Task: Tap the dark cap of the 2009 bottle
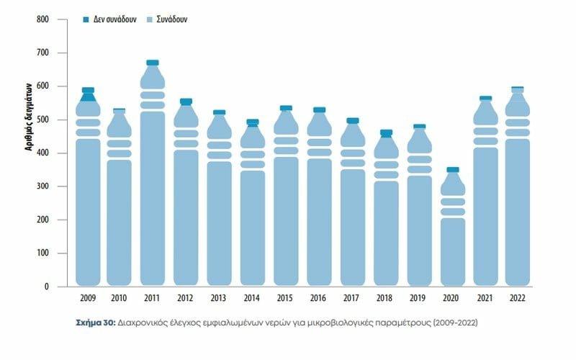point(88,91)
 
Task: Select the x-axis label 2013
point(219,297)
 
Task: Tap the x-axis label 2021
point(485,297)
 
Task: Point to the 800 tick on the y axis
point(42,19)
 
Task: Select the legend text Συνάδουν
point(173,19)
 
